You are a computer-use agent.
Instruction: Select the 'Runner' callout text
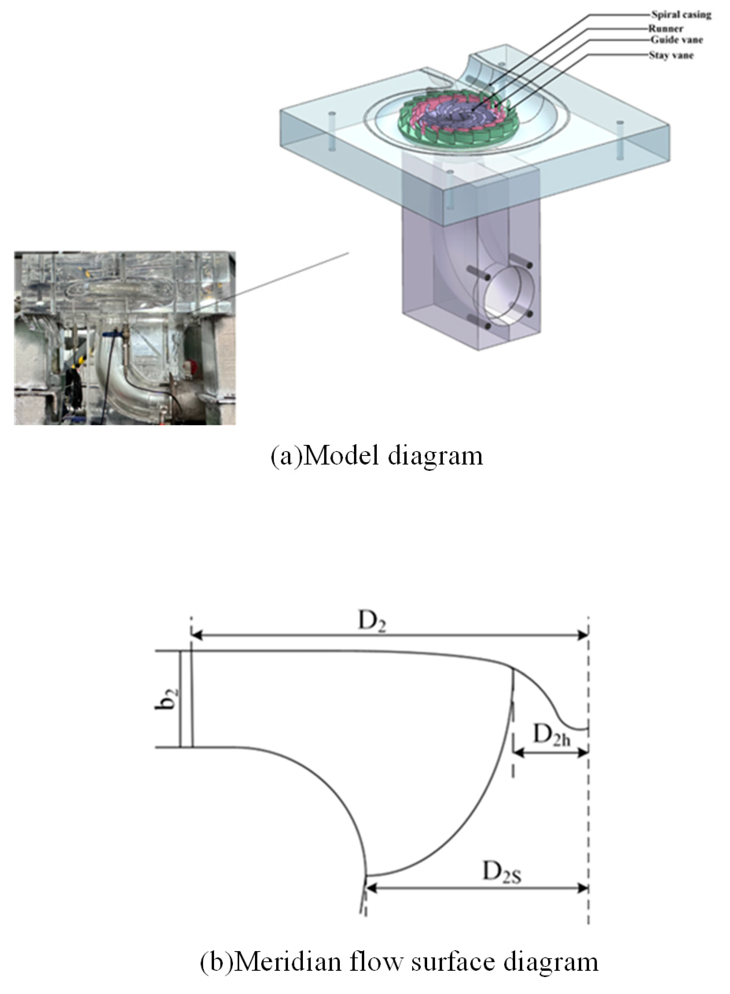click(666, 29)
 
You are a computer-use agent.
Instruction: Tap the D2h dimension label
click(552, 736)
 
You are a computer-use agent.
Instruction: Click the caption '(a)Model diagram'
click(377, 456)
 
